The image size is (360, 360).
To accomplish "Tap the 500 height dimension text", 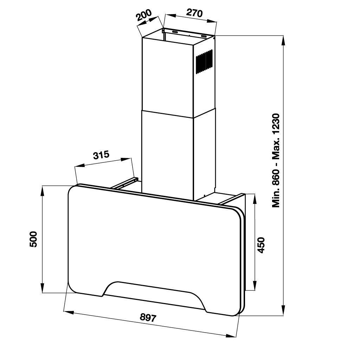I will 33,239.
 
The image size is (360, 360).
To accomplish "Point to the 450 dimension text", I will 261,245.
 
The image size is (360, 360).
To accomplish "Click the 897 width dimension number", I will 148,318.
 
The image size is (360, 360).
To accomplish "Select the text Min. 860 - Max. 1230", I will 276,160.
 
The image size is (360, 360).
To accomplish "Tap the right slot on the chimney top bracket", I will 204,36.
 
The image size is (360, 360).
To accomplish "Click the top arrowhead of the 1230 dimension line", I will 284,39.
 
